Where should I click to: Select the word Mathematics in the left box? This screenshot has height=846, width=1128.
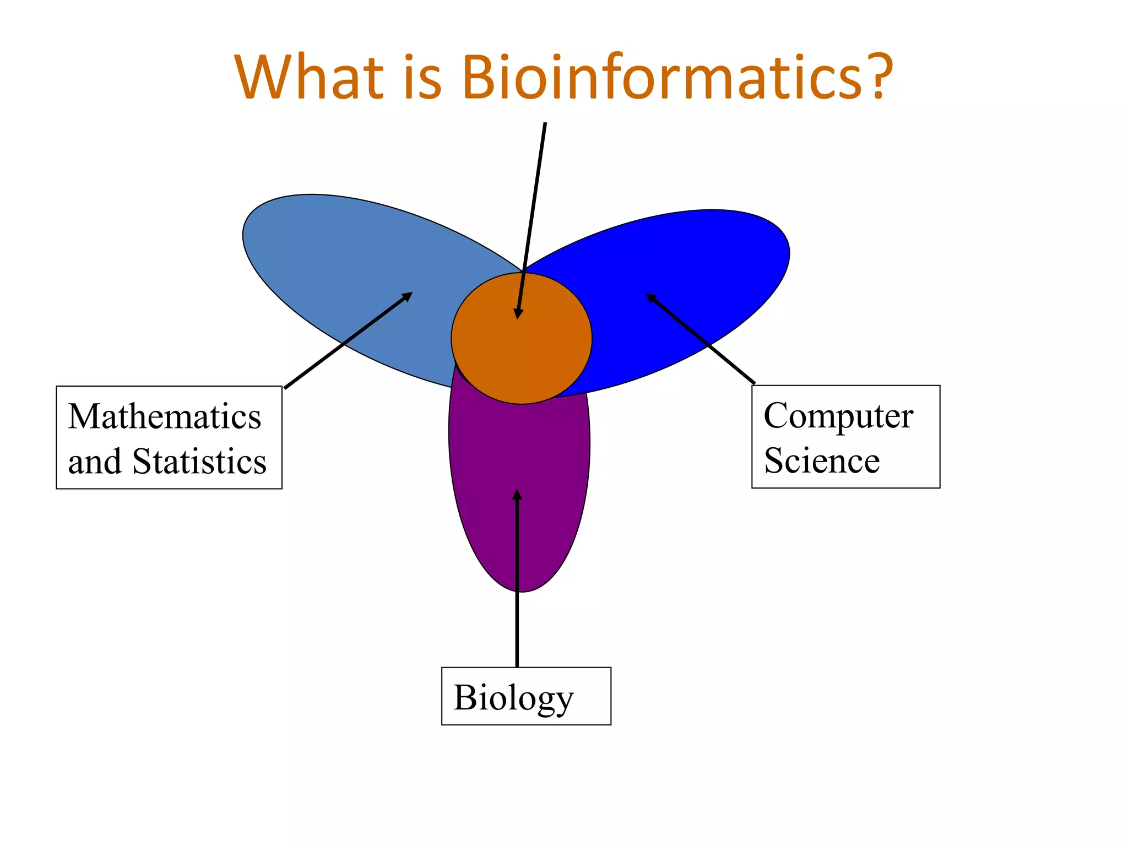(x=165, y=416)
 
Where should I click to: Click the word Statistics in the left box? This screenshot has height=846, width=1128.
(x=199, y=462)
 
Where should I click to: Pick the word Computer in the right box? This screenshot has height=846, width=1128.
(x=838, y=416)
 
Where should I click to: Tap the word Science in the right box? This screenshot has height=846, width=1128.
(x=822, y=460)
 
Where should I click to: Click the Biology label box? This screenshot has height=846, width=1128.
(x=526, y=696)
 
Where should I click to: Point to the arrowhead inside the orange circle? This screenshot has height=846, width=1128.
(x=518, y=313)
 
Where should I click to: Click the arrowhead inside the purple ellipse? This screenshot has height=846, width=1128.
(x=517, y=495)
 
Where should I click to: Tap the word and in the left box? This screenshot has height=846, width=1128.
(x=94, y=462)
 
